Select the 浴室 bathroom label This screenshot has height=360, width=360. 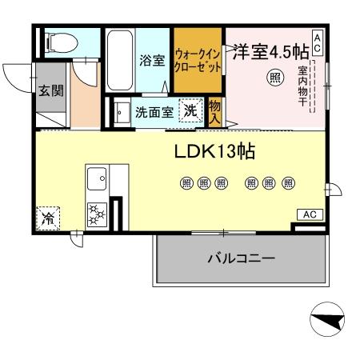click(152, 59)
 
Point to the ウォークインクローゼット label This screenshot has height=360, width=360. click(198, 61)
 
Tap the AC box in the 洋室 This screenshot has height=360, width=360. click(318, 41)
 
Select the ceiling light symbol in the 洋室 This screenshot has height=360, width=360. click(274, 78)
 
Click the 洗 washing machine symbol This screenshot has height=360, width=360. click(190, 111)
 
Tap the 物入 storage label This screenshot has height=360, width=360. click(214, 111)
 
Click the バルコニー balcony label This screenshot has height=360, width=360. click(241, 259)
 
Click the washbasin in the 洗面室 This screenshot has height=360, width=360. click(120, 112)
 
